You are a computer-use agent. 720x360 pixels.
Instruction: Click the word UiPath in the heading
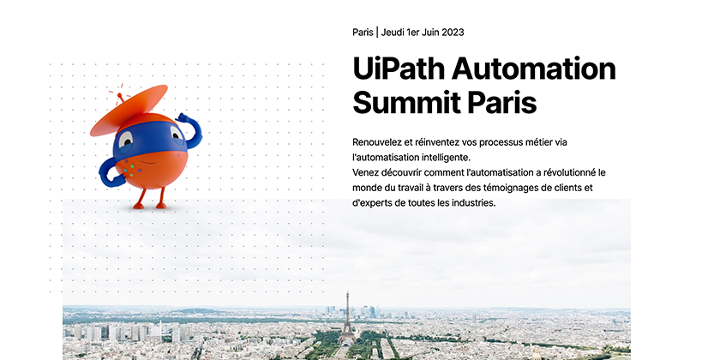pyautogui.click(x=399, y=69)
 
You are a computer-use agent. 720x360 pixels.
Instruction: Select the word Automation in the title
pyautogui.click(x=533, y=68)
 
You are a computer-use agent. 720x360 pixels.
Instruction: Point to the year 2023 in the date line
pyautogui.click(x=453, y=33)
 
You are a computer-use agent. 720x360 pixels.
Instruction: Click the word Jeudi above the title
pyautogui.click(x=393, y=33)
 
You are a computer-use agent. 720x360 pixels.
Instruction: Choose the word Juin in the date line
pyautogui.click(x=430, y=33)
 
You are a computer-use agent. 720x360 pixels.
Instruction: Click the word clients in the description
pyautogui.click(x=580, y=188)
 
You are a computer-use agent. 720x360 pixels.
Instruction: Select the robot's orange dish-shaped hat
pyautogui.click(x=129, y=110)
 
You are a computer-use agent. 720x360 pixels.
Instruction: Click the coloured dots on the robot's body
pyautogui.click(x=129, y=171)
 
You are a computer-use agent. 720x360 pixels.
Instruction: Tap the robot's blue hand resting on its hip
pyautogui.click(x=110, y=173)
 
